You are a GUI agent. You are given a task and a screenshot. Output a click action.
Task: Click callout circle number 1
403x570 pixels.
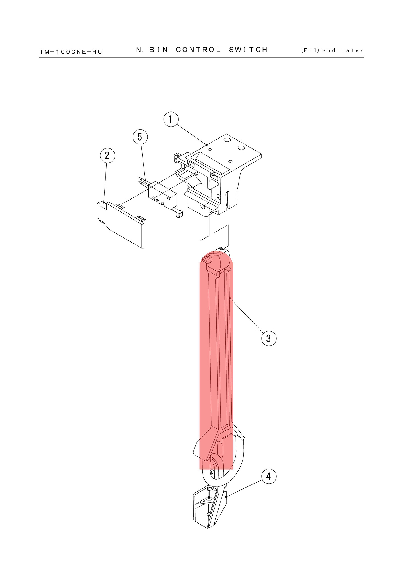pos(171,119)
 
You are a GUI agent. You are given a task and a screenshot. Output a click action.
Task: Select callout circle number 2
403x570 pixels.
pos(107,156)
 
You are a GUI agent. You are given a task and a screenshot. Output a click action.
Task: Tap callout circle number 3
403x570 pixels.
pos(269,338)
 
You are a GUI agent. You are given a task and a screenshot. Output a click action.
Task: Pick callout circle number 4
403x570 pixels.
pos(269,476)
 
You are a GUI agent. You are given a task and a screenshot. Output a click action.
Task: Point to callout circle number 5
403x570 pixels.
pos(140,137)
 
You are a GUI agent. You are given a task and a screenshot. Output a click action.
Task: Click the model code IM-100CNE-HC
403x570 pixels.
pos(71,52)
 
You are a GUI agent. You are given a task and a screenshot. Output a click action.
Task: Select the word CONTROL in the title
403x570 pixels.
pos(198,50)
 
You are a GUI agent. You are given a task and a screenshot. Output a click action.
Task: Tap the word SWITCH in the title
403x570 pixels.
pos(249,50)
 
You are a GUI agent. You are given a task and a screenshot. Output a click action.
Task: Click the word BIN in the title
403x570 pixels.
pos(159,50)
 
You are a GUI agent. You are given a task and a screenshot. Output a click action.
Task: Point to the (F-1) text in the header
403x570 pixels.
pos(310,50)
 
